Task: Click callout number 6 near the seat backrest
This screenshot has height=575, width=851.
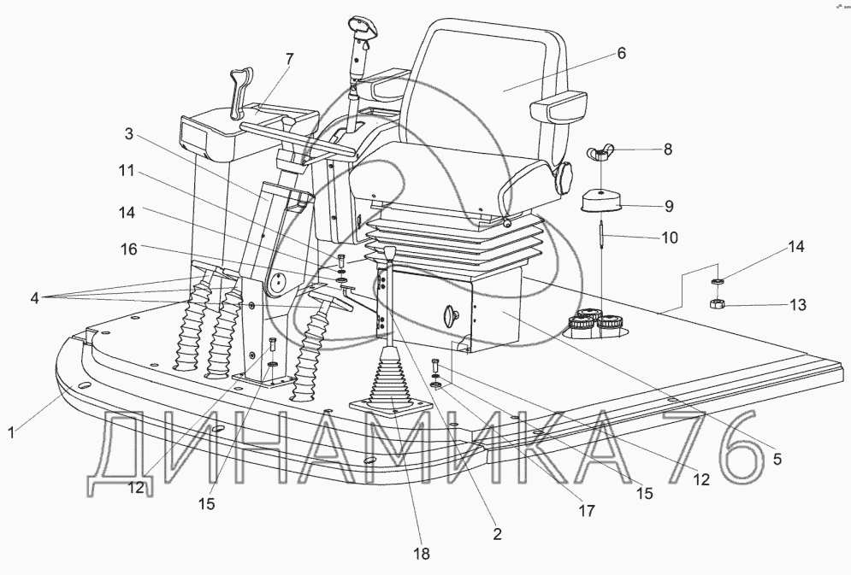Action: (621, 53)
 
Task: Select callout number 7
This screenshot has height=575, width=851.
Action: (289, 59)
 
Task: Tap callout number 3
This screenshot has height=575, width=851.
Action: (128, 134)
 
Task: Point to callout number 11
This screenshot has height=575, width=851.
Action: (127, 171)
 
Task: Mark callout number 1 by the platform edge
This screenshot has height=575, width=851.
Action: (11, 433)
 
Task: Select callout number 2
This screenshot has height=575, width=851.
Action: (497, 535)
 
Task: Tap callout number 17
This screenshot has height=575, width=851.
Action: (587, 510)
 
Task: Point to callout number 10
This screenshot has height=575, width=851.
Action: (669, 238)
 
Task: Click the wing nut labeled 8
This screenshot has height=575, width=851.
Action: (598, 154)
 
